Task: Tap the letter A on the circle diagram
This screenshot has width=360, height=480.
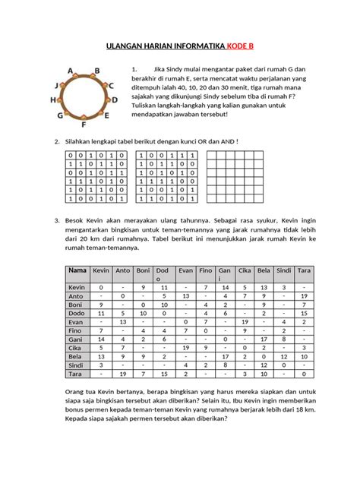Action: click(71, 71)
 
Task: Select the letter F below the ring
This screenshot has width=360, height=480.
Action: click(83, 122)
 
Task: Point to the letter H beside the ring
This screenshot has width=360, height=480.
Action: click(53, 99)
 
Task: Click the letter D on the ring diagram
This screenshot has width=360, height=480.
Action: click(114, 99)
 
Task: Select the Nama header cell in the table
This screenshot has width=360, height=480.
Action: click(77, 270)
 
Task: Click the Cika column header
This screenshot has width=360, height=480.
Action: click(245, 270)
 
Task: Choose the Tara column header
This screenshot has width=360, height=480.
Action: click(303, 270)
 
